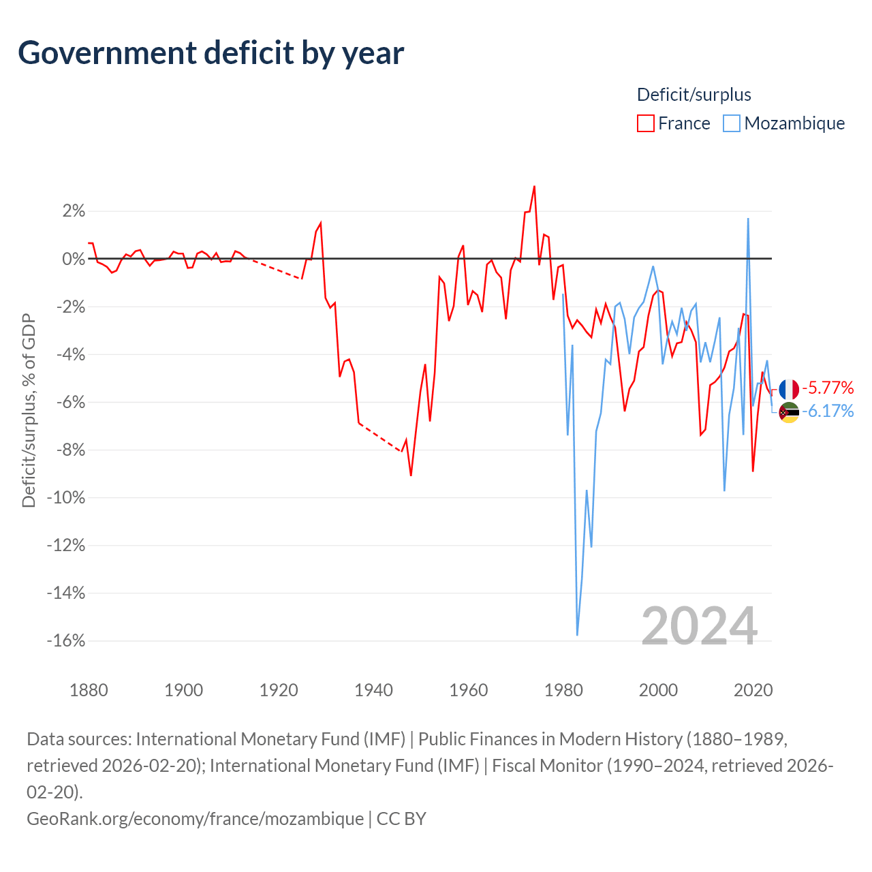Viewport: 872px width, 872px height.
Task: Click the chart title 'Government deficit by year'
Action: (x=211, y=53)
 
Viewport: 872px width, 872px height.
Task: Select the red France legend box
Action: (x=645, y=123)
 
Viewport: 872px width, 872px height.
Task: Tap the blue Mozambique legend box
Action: (x=731, y=123)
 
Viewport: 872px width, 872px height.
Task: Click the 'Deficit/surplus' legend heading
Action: (x=694, y=95)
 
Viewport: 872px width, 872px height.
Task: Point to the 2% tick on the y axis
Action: (x=74, y=211)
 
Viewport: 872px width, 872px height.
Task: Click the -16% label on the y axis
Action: (x=66, y=640)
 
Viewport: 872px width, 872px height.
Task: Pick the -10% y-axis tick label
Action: (x=66, y=497)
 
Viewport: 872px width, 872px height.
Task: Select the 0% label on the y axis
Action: (x=74, y=259)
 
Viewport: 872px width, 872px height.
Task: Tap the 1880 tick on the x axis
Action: (x=89, y=691)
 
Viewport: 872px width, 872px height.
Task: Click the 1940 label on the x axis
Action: (x=373, y=691)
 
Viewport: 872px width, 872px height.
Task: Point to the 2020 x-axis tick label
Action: (x=753, y=691)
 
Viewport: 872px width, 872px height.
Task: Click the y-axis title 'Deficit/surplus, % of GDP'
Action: (x=29, y=410)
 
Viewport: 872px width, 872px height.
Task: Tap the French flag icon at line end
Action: (x=789, y=389)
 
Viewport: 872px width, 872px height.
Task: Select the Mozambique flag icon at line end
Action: (x=789, y=412)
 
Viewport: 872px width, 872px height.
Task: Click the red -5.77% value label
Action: (x=828, y=388)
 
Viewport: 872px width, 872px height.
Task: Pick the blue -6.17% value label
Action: (x=828, y=411)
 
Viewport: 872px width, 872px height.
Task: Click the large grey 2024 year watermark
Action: (x=699, y=626)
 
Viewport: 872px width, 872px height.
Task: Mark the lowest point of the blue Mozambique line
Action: (x=577, y=635)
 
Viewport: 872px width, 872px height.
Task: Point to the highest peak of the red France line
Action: (x=534, y=187)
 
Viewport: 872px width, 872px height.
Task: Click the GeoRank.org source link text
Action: (x=195, y=819)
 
